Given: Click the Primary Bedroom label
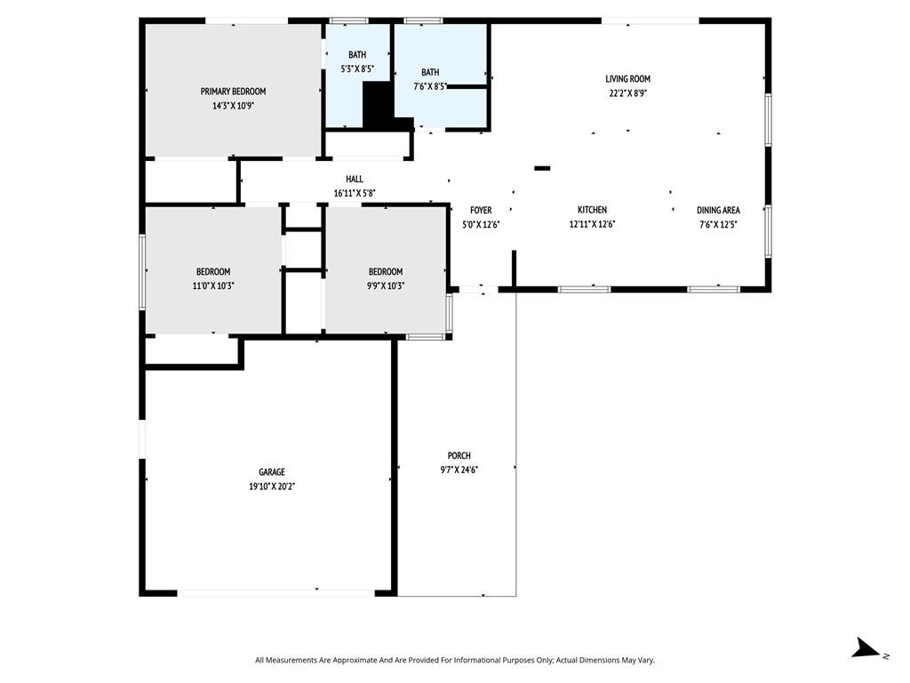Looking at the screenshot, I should tap(233, 92).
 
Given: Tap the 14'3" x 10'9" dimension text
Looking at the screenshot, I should tap(233, 106).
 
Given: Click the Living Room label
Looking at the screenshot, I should tap(628, 79).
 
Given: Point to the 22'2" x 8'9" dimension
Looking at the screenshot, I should tap(628, 92).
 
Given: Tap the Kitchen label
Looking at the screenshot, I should tap(592, 210).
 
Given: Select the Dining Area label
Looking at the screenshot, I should tap(718, 211).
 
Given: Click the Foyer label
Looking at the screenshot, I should tap(481, 211).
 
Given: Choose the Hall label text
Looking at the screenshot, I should tap(354, 179).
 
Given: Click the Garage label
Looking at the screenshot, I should tap(272, 472).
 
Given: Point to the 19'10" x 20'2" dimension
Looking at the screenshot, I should tap(272, 486).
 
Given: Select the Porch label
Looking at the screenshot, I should tap(459, 456).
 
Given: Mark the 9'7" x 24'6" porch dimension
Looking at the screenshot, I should tap(459, 470).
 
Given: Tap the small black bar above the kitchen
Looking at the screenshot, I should tap(542, 168).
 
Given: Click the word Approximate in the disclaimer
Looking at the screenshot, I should tap(357, 660).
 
